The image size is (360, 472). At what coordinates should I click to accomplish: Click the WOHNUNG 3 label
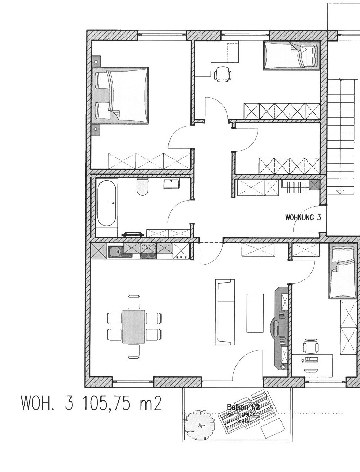pyautogui.click(x=303, y=218)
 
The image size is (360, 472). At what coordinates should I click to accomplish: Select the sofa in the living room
pyautogui.click(x=224, y=312)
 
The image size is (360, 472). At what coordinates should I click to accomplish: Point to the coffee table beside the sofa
pyautogui.click(x=255, y=313)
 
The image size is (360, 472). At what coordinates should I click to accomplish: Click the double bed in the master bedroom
pyautogui.click(x=120, y=96)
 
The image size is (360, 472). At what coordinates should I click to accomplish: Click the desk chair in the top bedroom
pyautogui.click(x=222, y=74)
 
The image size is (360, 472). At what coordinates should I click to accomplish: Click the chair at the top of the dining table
pyautogui.click(x=134, y=302)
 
